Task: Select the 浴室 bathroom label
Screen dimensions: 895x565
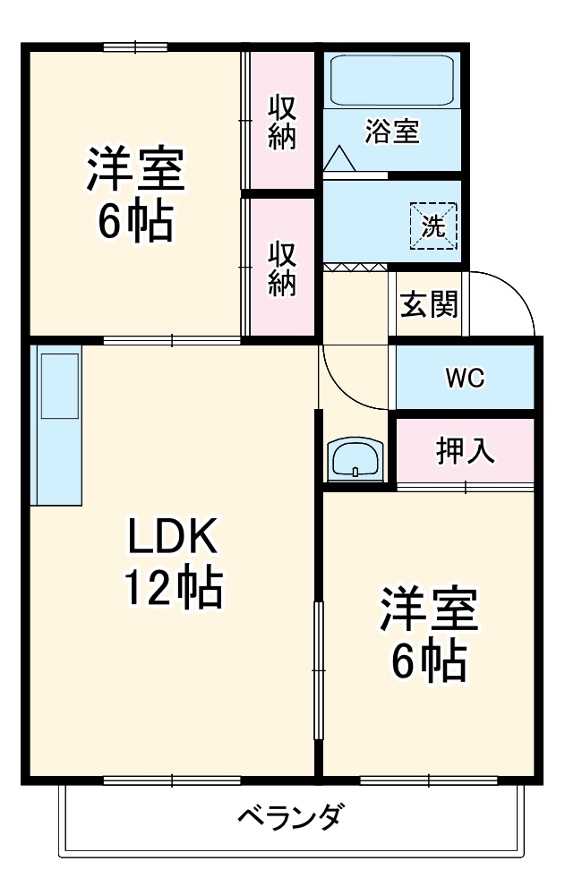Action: [x=391, y=132]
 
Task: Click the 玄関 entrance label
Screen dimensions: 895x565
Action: [x=428, y=305]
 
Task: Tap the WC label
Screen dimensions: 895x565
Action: [x=465, y=377]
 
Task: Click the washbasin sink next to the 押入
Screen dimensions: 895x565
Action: [x=356, y=460]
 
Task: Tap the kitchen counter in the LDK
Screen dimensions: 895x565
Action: [x=56, y=421]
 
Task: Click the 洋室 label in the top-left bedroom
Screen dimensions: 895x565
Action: [x=135, y=170]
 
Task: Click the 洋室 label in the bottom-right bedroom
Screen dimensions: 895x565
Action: [x=429, y=611]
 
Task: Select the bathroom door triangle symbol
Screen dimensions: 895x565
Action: [x=339, y=159]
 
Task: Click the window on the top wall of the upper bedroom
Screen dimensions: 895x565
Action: [x=134, y=47]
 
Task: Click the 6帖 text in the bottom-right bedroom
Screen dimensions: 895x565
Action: [x=429, y=662]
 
